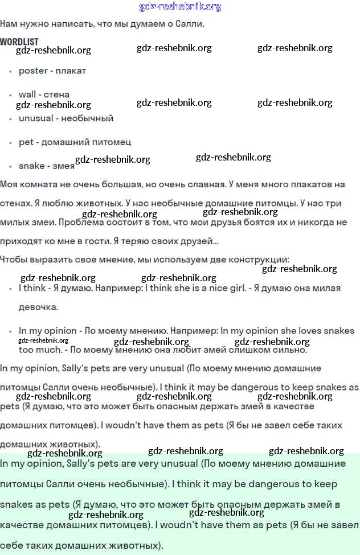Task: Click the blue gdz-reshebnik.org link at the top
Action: [180, 7]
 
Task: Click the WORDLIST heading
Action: [19, 42]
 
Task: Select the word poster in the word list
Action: [33, 71]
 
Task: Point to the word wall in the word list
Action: [27, 94]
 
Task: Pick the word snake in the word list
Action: [32, 166]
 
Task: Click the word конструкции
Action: [260, 260]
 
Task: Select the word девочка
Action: [38, 307]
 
